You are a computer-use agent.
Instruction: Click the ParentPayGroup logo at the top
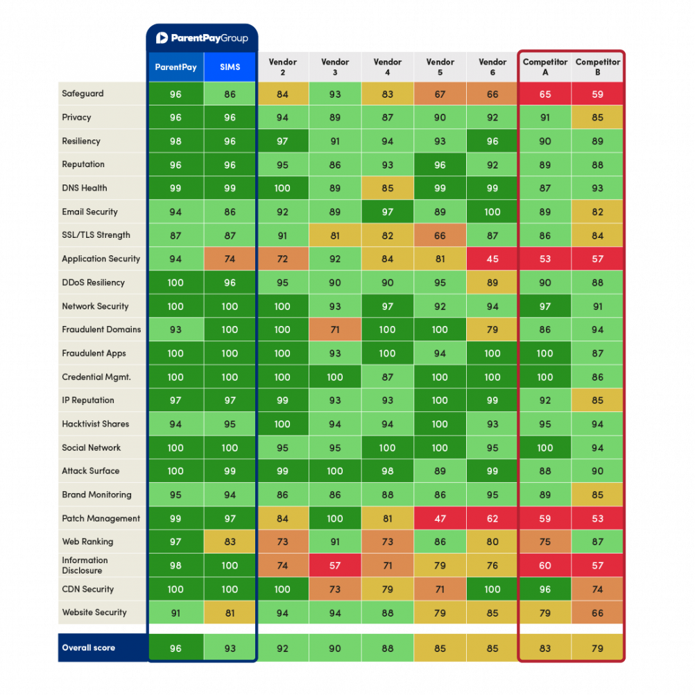[201, 38]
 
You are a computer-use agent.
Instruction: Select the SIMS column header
[230, 67]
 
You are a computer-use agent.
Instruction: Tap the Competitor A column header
[545, 67]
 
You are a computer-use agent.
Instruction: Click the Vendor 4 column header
[387, 67]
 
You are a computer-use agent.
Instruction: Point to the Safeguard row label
[83, 94]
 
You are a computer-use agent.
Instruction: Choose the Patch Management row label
[101, 518]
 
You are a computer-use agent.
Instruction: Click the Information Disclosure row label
[85, 565]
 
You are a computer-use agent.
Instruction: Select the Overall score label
[88, 648]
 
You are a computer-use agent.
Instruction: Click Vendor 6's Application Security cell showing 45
[492, 259]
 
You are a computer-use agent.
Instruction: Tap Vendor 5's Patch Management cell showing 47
[440, 518]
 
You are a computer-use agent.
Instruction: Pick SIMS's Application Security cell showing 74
[230, 259]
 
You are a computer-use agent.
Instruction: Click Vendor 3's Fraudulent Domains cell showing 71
[335, 329]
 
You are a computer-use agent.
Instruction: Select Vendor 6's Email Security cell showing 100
[492, 212]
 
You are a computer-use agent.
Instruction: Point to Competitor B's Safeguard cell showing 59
[597, 94]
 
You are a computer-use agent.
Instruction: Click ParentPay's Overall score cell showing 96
[175, 649]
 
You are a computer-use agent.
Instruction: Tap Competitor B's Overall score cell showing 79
[597, 649]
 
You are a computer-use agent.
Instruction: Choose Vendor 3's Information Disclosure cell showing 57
[335, 565]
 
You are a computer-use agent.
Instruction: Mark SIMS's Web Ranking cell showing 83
[230, 542]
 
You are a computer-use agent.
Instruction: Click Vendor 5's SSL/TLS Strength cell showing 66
[440, 235]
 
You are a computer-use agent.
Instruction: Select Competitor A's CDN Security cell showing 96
[545, 589]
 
